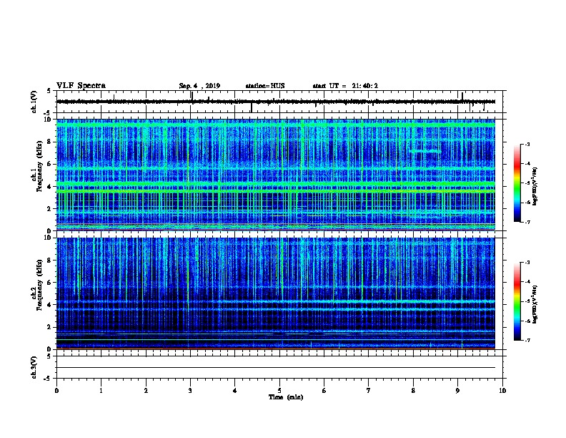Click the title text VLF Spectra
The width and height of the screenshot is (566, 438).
click(81, 86)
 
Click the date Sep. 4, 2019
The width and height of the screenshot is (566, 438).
click(199, 86)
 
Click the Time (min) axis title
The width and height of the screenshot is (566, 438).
click(285, 396)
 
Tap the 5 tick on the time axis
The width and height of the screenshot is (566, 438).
click(279, 390)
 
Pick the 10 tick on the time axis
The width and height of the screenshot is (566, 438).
click(502, 390)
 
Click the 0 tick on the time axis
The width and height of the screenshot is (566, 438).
click(56, 390)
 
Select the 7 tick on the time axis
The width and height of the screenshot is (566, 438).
click(369, 390)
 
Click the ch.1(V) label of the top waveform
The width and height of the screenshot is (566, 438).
click(34, 102)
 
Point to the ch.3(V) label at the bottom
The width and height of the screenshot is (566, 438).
click(34, 366)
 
